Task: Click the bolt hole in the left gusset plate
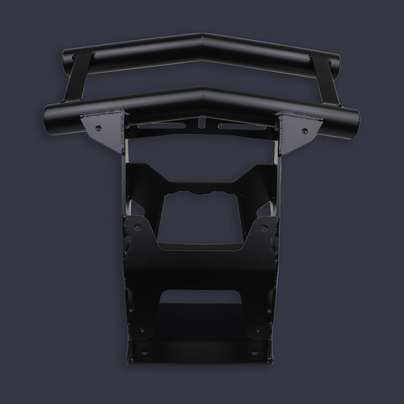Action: click(98, 127)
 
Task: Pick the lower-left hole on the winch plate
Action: click(142, 330)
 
